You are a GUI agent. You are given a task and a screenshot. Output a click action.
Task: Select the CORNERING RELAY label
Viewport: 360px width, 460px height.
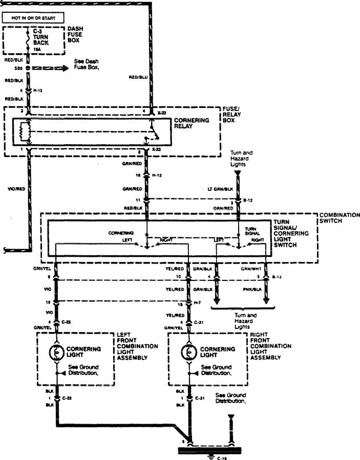[192, 123]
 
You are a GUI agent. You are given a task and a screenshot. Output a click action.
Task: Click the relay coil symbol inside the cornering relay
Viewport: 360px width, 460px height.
[23, 133]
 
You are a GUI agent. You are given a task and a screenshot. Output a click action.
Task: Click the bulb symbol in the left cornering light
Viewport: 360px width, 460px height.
[56, 352]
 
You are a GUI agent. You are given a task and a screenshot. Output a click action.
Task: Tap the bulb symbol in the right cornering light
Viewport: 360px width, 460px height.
[188, 352]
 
